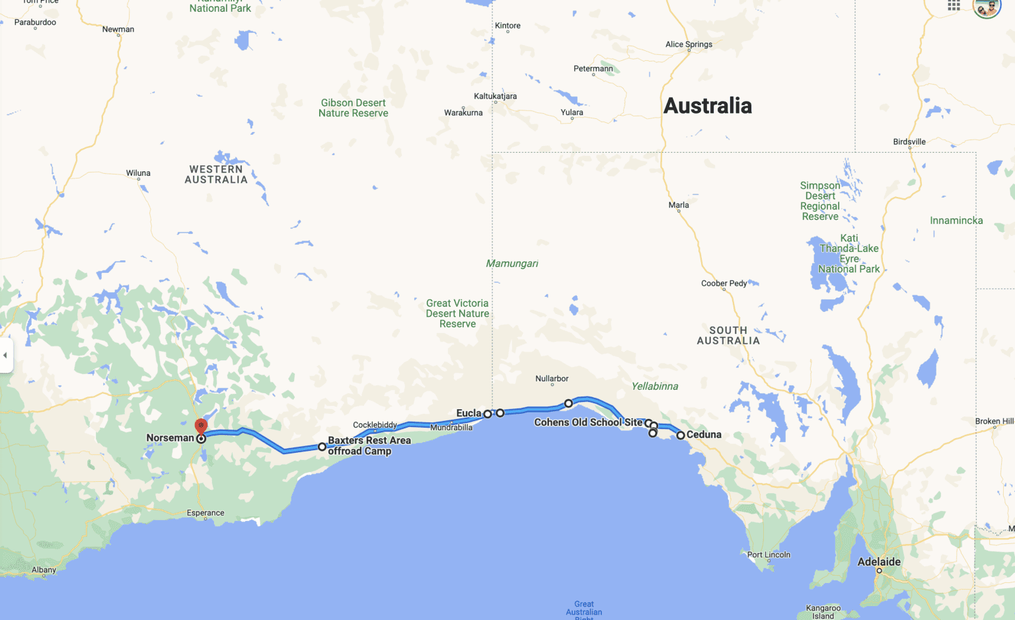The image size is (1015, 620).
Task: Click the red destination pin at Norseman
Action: tap(201, 426)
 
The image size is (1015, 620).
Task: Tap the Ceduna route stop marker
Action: tap(681, 435)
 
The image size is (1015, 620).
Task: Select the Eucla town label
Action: tap(469, 413)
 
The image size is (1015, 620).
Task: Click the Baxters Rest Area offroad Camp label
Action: tap(369, 446)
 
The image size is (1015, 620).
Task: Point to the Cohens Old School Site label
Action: tap(588, 422)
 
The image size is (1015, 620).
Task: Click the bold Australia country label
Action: tap(707, 106)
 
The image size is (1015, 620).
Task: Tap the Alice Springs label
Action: tap(689, 44)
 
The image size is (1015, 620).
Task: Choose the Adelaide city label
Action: tap(879, 562)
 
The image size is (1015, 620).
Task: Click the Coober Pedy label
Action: tap(724, 284)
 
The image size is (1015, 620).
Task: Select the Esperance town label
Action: tap(206, 513)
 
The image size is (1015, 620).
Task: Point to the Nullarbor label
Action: tap(552, 379)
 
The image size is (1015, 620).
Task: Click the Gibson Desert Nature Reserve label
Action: tap(354, 108)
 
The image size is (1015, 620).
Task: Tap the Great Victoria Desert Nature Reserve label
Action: tap(457, 313)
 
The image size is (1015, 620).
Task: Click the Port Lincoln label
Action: tap(769, 555)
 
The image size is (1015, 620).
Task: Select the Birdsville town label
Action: tap(909, 141)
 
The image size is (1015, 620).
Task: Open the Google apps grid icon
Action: tap(954, 6)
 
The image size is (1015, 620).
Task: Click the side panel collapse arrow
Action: tap(5, 355)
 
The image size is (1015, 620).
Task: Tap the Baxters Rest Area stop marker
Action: tap(322, 447)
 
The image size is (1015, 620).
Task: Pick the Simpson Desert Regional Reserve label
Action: tap(820, 201)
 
